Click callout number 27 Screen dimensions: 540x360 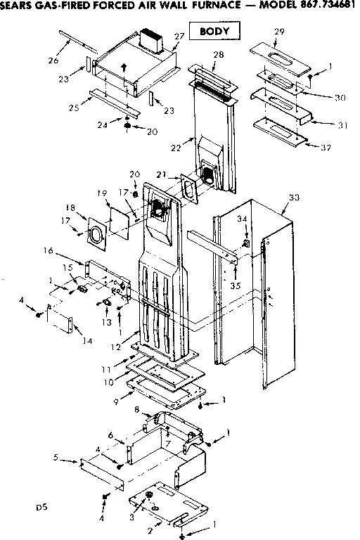[179, 36]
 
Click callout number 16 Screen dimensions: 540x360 [49, 250]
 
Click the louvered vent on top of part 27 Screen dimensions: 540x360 [152, 39]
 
